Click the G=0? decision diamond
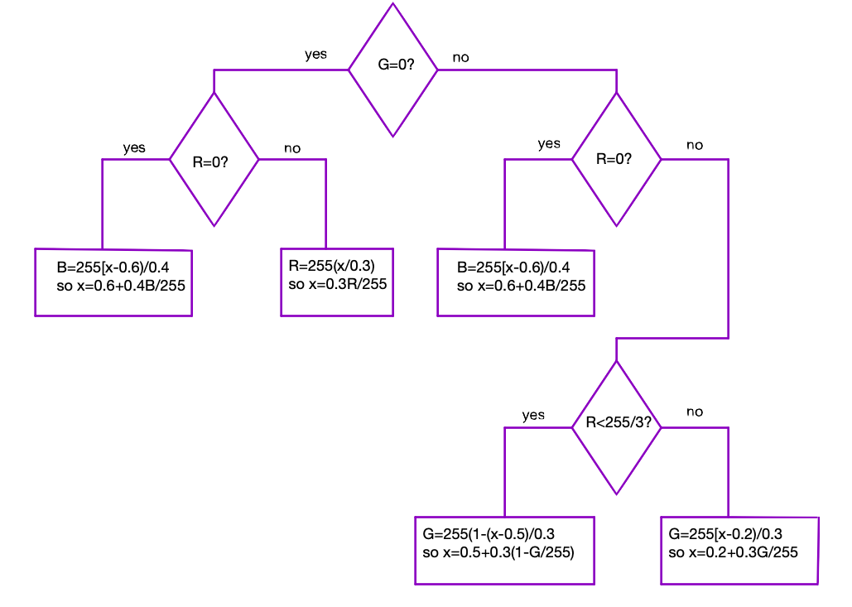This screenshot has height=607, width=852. pyautogui.click(x=392, y=70)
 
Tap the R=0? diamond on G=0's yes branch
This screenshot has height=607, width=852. pyautogui.click(x=214, y=159)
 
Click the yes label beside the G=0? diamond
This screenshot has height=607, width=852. pyautogui.click(x=315, y=55)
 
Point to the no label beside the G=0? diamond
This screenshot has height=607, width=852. pyautogui.click(x=460, y=59)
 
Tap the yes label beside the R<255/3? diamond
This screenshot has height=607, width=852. pyautogui.click(x=533, y=415)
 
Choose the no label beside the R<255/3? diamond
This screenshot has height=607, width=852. pyautogui.click(x=695, y=412)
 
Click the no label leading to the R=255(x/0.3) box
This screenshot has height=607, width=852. pyautogui.click(x=292, y=148)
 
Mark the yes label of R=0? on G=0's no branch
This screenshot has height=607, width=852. pyautogui.click(x=549, y=144)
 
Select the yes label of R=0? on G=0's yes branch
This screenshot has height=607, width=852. pyautogui.click(x=134, y=148)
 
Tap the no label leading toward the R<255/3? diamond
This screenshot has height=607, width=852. pyautogui.click(x=695, y=145)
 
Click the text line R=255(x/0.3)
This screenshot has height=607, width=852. pyautogui.click(x=331, y=267)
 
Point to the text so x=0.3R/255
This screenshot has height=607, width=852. pyautogui.click(x=337, y=284)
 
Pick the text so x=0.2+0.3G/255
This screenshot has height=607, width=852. pyautogui.click(x=733, y=552)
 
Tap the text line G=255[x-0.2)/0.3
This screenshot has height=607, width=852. pyautogui.click(x=724, y=534)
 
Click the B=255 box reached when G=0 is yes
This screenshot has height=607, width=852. pyautogui.click(x=113, y=282)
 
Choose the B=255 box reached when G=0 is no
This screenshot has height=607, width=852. pyautogui.click(x=516, y=282)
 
